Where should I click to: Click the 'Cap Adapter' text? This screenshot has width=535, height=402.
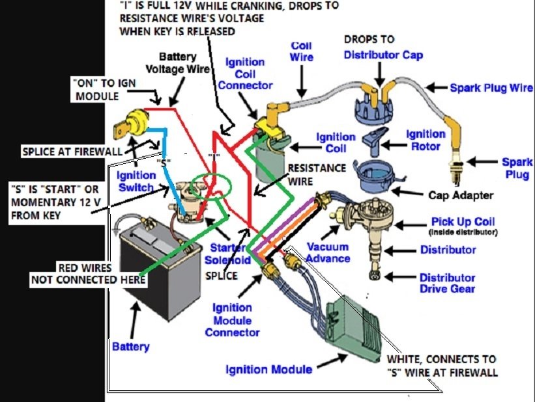pyautogui.click(x=461, y=194)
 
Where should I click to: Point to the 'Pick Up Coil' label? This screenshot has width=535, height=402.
pyautogui.click(x=463, y=222)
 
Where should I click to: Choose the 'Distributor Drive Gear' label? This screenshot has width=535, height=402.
pyautogui.click(x=447, y=283)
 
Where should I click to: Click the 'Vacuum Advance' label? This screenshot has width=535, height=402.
pyautogui.click(x=328, y=253)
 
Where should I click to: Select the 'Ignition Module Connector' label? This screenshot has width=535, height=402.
pyautogui.click(x=232, y=319)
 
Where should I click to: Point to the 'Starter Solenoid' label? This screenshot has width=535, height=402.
pyautogui.click(x=228, y=254)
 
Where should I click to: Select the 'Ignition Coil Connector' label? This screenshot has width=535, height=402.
pyautogui.click(x=244, y=73)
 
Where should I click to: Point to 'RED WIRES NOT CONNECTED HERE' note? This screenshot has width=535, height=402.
pyautogui.click(x=87, y=273)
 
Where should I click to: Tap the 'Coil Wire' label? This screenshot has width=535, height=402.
pyautogui.click(x=301, y=51)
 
